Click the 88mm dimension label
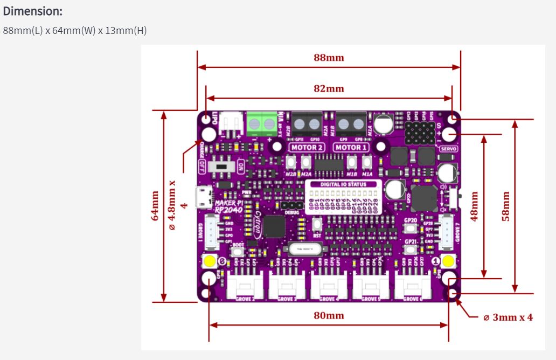[329, 58]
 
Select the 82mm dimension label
[329, 88]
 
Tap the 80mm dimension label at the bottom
[329, 315]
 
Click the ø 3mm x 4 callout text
[508, 317]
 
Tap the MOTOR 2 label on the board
[307, 147]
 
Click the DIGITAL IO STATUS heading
[343, 184]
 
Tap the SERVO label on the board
[449, 148]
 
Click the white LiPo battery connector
[233, 122]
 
